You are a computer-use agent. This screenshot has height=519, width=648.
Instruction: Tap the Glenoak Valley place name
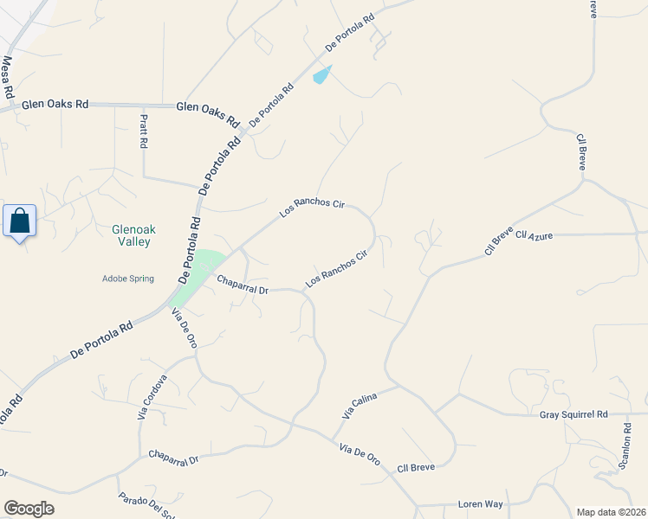tap(132, 235)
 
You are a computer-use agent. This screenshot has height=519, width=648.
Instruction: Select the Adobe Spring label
tap(128, 279)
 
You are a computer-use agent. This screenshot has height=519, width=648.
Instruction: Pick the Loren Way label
tap(481, 503)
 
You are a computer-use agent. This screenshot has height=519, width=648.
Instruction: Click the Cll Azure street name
tap(534, 234)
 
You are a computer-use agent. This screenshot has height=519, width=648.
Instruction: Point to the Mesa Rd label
tap(9, 76)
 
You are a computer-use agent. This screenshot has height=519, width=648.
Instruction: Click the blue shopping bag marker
tap(20, 221)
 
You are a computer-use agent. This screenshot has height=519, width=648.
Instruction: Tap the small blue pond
tap(321, 75)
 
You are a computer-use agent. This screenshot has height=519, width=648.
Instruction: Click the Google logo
tap(29, 509)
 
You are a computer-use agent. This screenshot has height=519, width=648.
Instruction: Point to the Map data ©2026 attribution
tap(611, 511)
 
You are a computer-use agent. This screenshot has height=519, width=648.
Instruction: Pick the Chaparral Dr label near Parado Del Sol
tap(173, 457)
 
